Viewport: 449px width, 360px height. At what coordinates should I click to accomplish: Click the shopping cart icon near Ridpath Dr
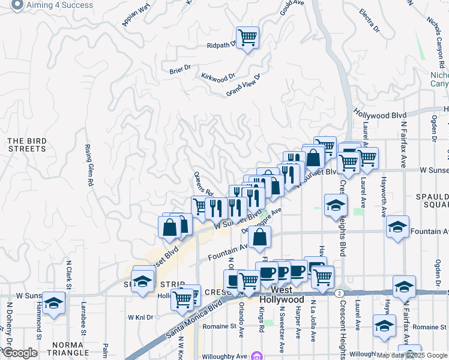pos(247,38)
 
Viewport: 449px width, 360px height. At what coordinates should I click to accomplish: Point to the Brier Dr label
pos(179,70)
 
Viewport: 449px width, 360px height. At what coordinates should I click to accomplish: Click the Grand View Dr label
pos(243,85)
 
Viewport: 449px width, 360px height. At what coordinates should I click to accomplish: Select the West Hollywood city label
pos(282,299)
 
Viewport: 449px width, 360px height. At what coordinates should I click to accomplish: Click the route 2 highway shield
pos(340,293)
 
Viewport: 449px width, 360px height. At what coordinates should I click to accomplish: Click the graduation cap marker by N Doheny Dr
pos(53,303)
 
